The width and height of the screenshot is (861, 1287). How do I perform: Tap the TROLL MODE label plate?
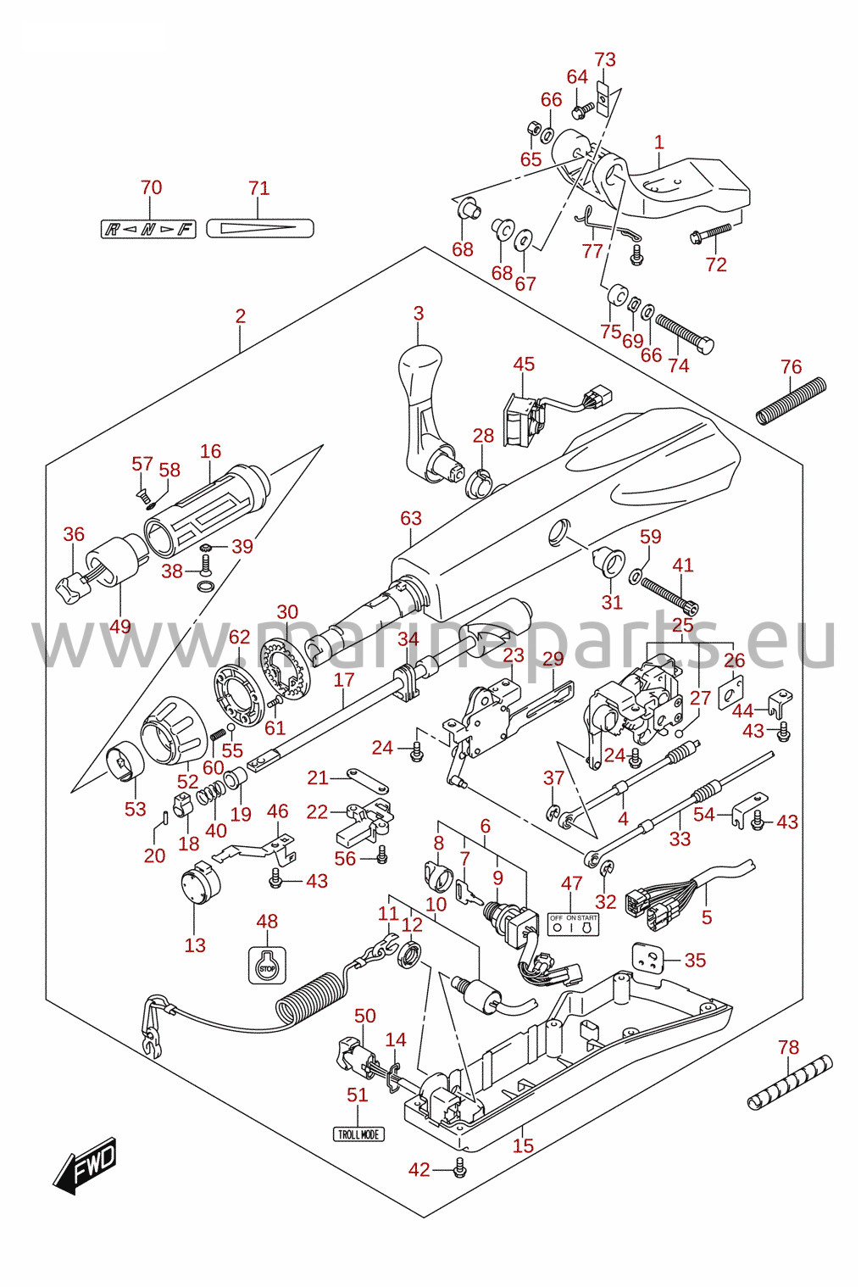358,1134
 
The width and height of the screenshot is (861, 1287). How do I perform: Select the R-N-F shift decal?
149,229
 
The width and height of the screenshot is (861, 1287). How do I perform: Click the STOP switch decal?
268,965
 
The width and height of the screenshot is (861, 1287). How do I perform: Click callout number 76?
791,366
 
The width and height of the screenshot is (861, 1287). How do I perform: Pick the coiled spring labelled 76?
791,401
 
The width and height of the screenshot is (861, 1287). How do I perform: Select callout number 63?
411,518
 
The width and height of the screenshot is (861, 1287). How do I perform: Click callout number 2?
240,316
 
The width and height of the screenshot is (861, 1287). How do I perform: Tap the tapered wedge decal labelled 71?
259,228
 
